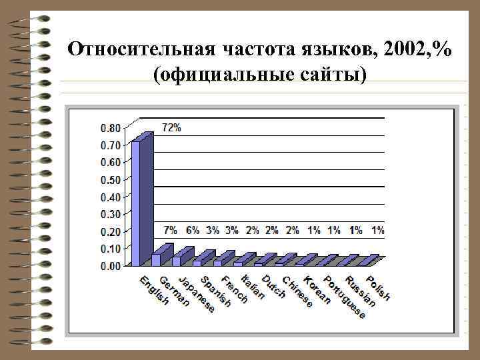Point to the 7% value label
[171, 230]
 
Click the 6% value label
[192, 230]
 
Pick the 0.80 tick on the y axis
[111, 128]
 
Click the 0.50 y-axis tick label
[111, 179]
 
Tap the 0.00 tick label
[111, 265]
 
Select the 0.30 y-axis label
[111, 214]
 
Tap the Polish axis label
[378, 286]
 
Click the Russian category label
[361, 290]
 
